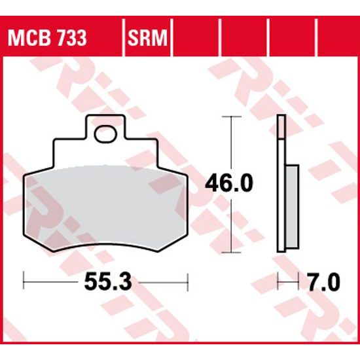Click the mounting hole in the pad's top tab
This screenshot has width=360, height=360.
click(x=103, y=135)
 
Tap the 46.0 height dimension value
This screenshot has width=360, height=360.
click(x=228, y=184)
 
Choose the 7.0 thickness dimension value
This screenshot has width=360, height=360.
click(x=323, y=283)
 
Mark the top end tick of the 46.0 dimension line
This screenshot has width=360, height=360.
click(x=228, y=116)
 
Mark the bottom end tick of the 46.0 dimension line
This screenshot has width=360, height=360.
click(x=228, y=251)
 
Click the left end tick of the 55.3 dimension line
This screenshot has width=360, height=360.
click(x=25, y=283)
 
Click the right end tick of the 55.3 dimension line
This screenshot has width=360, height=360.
click(x=188, y=283)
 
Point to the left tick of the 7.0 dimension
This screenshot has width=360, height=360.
click(x=278, y=283)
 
